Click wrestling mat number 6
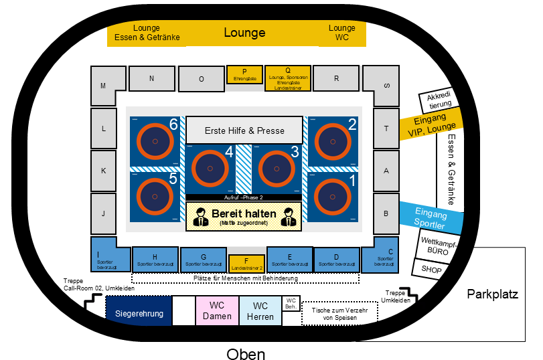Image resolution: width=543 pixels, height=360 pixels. pos(155,142)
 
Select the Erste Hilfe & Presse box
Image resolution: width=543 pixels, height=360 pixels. pos(244,130)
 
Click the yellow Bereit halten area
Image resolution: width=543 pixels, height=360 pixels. pos(244,216)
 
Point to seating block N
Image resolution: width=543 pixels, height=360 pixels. pos(152,78)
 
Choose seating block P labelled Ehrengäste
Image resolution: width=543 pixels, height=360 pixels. pos(244,74)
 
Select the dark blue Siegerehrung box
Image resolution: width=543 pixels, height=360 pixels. pos(139,312)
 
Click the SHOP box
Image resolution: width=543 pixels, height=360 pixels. pos(432,269)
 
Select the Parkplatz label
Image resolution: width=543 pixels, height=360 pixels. pos(493,294)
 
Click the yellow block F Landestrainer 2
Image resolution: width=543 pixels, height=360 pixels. pos(247,264)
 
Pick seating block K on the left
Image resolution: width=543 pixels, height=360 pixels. pos(103,170)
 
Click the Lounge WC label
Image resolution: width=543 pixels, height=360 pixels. pos(342,33)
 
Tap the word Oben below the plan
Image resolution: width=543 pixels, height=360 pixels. pos(246,354)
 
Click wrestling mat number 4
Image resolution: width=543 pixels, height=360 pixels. pos(212,170)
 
